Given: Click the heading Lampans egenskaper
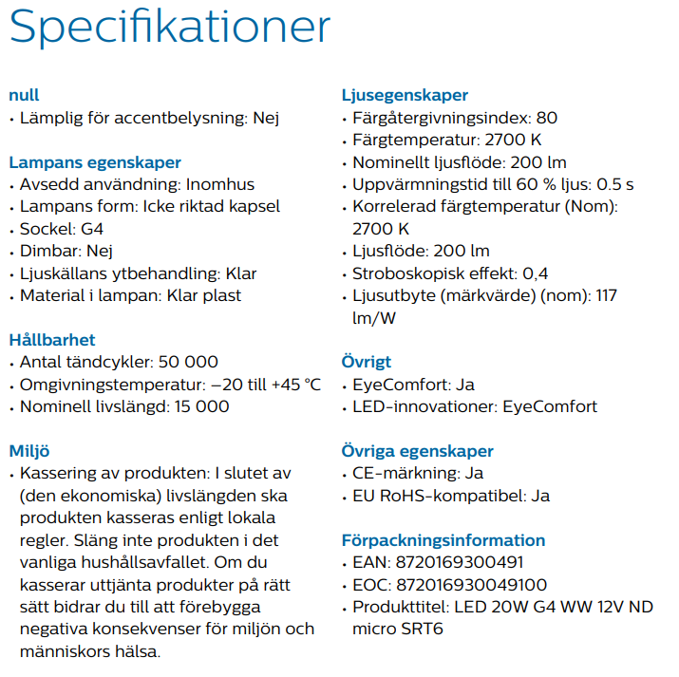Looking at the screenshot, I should (95, 161).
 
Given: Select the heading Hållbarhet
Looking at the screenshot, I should (52, 339).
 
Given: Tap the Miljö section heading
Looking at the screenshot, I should (29, 450).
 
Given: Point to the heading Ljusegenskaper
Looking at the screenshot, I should (405, 95).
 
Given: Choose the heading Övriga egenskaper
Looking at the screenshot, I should (418, 450).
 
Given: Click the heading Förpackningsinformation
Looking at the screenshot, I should (443, 539).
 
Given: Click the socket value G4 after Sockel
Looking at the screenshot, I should (87, 228).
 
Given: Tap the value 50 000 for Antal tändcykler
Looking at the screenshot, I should (190, 362).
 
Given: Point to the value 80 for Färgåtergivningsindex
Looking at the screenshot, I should (547, 118).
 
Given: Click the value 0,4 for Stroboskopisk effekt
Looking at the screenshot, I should (537, 273).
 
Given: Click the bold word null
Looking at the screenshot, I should (24, 95).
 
